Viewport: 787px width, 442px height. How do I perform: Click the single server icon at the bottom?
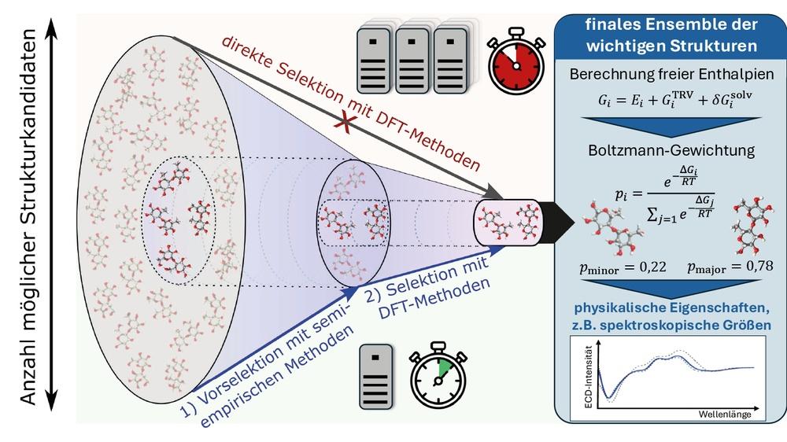click(376, 376)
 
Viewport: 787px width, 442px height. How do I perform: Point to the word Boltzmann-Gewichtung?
click(671, 150)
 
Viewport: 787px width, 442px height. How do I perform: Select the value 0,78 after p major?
click(759, 265)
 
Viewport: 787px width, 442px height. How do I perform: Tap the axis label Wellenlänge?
click(725, 414)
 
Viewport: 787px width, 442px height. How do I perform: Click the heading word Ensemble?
click(688, 24)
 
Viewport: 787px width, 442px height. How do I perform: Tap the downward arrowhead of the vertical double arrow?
click(51, 400)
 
